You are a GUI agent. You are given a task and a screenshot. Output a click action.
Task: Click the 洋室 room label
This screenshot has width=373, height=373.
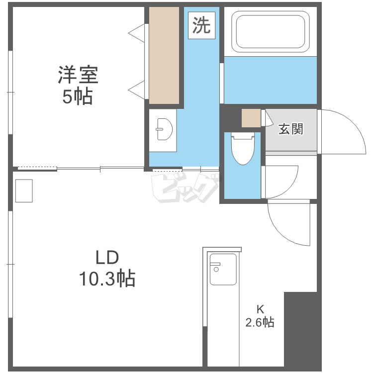coord(78,75)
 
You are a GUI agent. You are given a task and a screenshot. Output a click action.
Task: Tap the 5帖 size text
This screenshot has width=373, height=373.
coord(78,96)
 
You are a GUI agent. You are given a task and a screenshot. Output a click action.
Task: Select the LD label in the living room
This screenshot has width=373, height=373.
coord(107,258)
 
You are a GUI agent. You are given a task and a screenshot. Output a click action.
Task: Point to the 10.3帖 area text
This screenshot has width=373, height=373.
coord(107,278)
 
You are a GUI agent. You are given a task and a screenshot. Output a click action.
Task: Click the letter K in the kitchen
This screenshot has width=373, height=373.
coord(260,309)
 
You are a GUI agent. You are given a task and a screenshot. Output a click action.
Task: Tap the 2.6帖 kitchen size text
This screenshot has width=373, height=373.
coord(260,322)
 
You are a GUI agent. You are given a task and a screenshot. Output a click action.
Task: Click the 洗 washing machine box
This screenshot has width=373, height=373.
coord(202,25)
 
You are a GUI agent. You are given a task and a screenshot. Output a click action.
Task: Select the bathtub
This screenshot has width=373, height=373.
coord(271,32)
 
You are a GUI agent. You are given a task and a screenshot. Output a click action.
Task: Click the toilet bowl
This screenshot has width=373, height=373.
coord(243,149)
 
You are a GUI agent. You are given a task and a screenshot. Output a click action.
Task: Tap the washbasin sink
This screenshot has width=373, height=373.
coord(165,129)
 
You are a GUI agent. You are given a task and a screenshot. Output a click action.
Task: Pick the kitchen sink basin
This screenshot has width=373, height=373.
coord(223,269)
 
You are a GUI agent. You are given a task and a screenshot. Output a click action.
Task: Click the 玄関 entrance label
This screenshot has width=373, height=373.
coord(291,129)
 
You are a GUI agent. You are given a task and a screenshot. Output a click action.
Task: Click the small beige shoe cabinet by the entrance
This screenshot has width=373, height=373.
coord(251,118)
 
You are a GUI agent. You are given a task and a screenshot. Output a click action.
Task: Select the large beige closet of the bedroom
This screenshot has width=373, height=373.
coord(164,55)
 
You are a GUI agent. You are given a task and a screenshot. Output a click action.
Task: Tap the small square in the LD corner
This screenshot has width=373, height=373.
coord(24,191)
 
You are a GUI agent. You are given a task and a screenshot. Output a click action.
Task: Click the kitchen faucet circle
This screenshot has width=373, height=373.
coord(216,270)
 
